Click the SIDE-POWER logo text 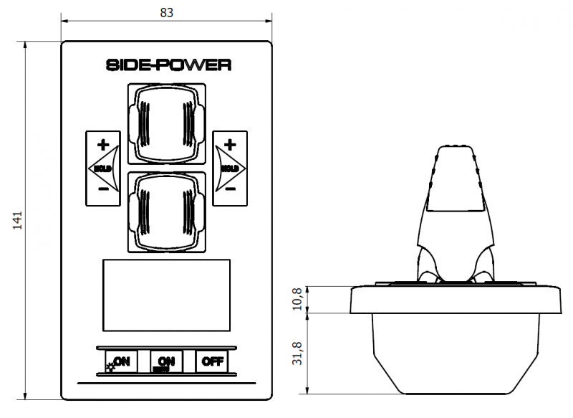[168, 65]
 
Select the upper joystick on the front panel [167, 123]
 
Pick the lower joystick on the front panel [167, 212]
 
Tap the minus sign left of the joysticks [103, 190]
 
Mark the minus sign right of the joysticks [229, 190]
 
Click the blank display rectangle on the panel [167, 295]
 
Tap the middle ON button [167, 361]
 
